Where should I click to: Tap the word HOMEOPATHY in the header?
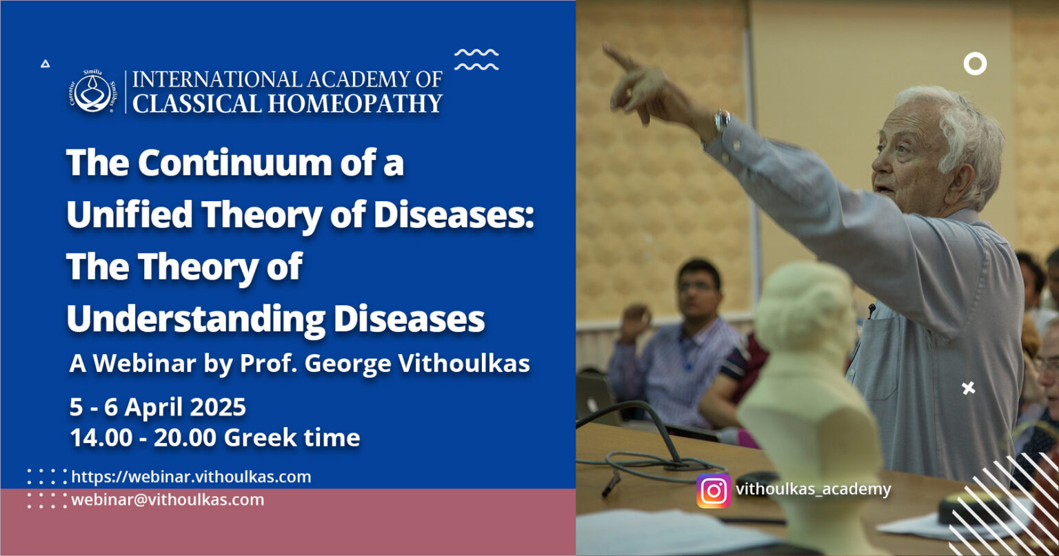[x=356, y=103]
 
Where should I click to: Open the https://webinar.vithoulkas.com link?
[x=191, y=477]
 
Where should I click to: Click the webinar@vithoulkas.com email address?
[x=168, y=500]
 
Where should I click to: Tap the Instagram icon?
[x=714, y=491]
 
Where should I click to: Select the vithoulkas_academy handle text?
[x=814, y=489]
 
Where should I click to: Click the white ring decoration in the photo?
[x=975, y=64]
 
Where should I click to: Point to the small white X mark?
[x=969, y=388]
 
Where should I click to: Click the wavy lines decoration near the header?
[x=476, y=59]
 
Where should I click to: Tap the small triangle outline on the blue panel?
[x=45, y=63]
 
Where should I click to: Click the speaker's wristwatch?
[x=721, y=122]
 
